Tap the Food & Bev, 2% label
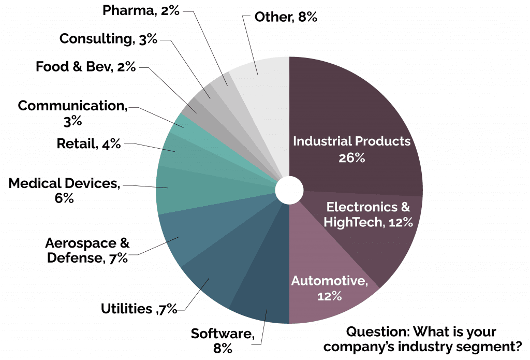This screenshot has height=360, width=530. tap(85, 67)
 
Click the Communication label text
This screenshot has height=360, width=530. tap(72, 106)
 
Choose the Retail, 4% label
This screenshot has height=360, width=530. tap(89, 143)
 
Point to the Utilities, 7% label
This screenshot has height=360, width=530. tap(139, 309)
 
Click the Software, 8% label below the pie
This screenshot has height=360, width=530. tap(223, 340)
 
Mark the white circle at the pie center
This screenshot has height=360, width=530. tap(289, 191)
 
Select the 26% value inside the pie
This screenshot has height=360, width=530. tap(351, 157)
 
